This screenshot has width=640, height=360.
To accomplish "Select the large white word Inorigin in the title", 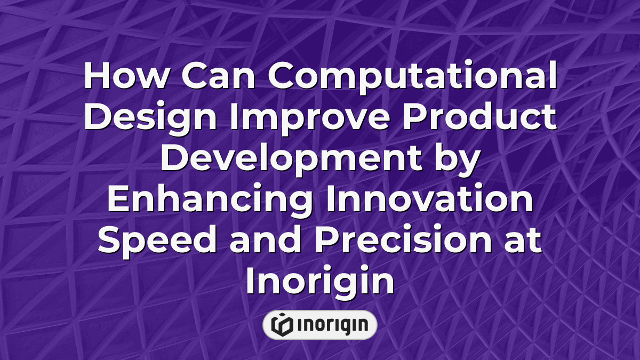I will (319, 282).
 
